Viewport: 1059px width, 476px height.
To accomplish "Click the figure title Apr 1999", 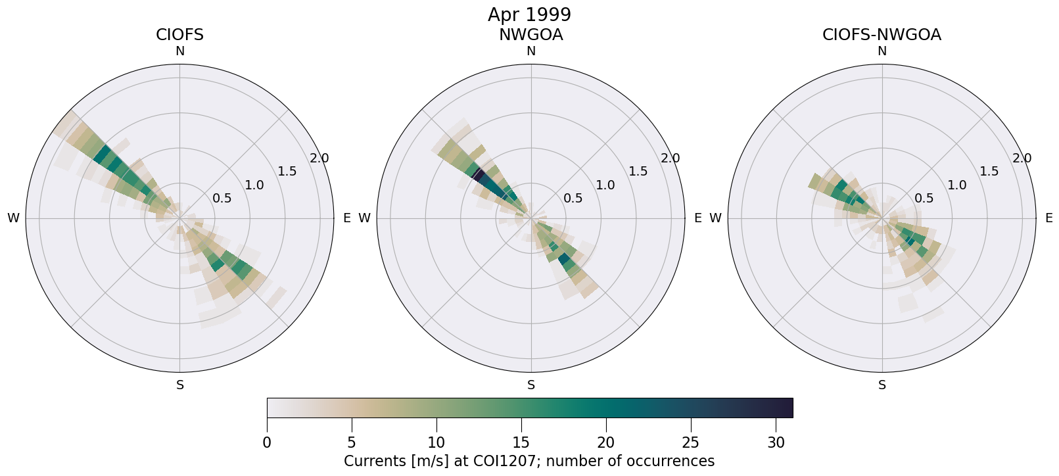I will (529, 14).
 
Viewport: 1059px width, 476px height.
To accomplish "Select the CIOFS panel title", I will (179, 35).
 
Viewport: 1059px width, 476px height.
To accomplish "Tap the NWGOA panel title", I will (530, 35).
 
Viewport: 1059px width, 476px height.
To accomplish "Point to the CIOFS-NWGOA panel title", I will (882, 35).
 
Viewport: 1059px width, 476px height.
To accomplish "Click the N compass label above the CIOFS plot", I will (179, 51).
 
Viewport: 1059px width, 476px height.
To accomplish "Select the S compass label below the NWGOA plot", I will (531, 385).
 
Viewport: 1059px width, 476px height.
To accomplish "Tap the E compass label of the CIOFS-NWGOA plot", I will (1048, 218).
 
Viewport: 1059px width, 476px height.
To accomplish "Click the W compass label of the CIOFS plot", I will (13, 218).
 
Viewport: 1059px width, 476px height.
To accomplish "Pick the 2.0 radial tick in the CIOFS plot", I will (319, 158).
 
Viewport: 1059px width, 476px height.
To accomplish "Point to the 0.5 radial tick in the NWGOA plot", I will (573, 198).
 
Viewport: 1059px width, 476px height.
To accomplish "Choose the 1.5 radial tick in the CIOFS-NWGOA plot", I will (989, 172).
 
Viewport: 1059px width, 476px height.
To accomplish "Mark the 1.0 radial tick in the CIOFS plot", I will (254, 185).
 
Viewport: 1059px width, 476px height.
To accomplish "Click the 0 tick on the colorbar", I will (267, 443).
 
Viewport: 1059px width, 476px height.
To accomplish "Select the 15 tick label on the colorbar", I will (521, 443).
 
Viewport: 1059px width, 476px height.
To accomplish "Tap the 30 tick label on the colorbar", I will (776, 443).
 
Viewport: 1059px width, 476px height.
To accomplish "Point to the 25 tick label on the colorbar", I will (691, 443).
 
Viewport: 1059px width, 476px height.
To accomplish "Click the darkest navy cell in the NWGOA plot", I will (479, 174).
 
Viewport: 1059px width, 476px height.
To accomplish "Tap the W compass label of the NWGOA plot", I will (364, 218).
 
